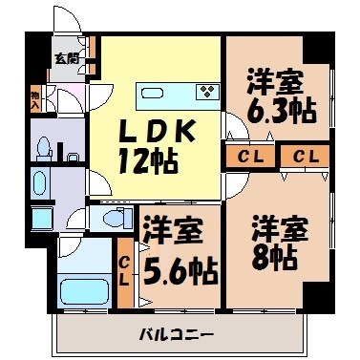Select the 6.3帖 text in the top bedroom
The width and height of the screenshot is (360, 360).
pos(281,109)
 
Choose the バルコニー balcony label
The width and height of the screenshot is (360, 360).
pos(176,333)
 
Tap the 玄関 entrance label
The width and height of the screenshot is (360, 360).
pos(66,58)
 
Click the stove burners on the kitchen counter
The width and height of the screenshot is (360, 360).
pos(207,92)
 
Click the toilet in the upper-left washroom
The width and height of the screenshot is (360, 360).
pos(43,147)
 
